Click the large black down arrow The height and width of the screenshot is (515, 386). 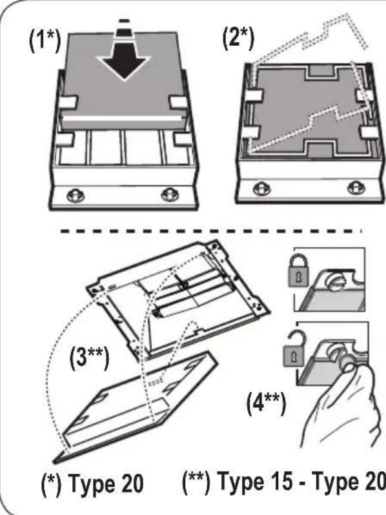click(x=124, y=61)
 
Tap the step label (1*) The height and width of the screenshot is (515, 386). click(x=45, y=41)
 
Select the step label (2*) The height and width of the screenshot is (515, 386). click(x=238, y=39)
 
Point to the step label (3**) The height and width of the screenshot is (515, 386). click(x=89, y=358)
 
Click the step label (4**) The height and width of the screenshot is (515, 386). click(x=266, y=403)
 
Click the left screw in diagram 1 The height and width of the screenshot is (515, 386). click(x=76, y=195)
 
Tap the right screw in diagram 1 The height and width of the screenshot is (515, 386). click(x=170, y=194)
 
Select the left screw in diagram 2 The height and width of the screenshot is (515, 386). click(x=262, y=188)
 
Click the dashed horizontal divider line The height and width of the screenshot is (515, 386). click(x=211, y=231)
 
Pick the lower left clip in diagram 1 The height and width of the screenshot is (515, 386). click(x=65, y=139)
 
